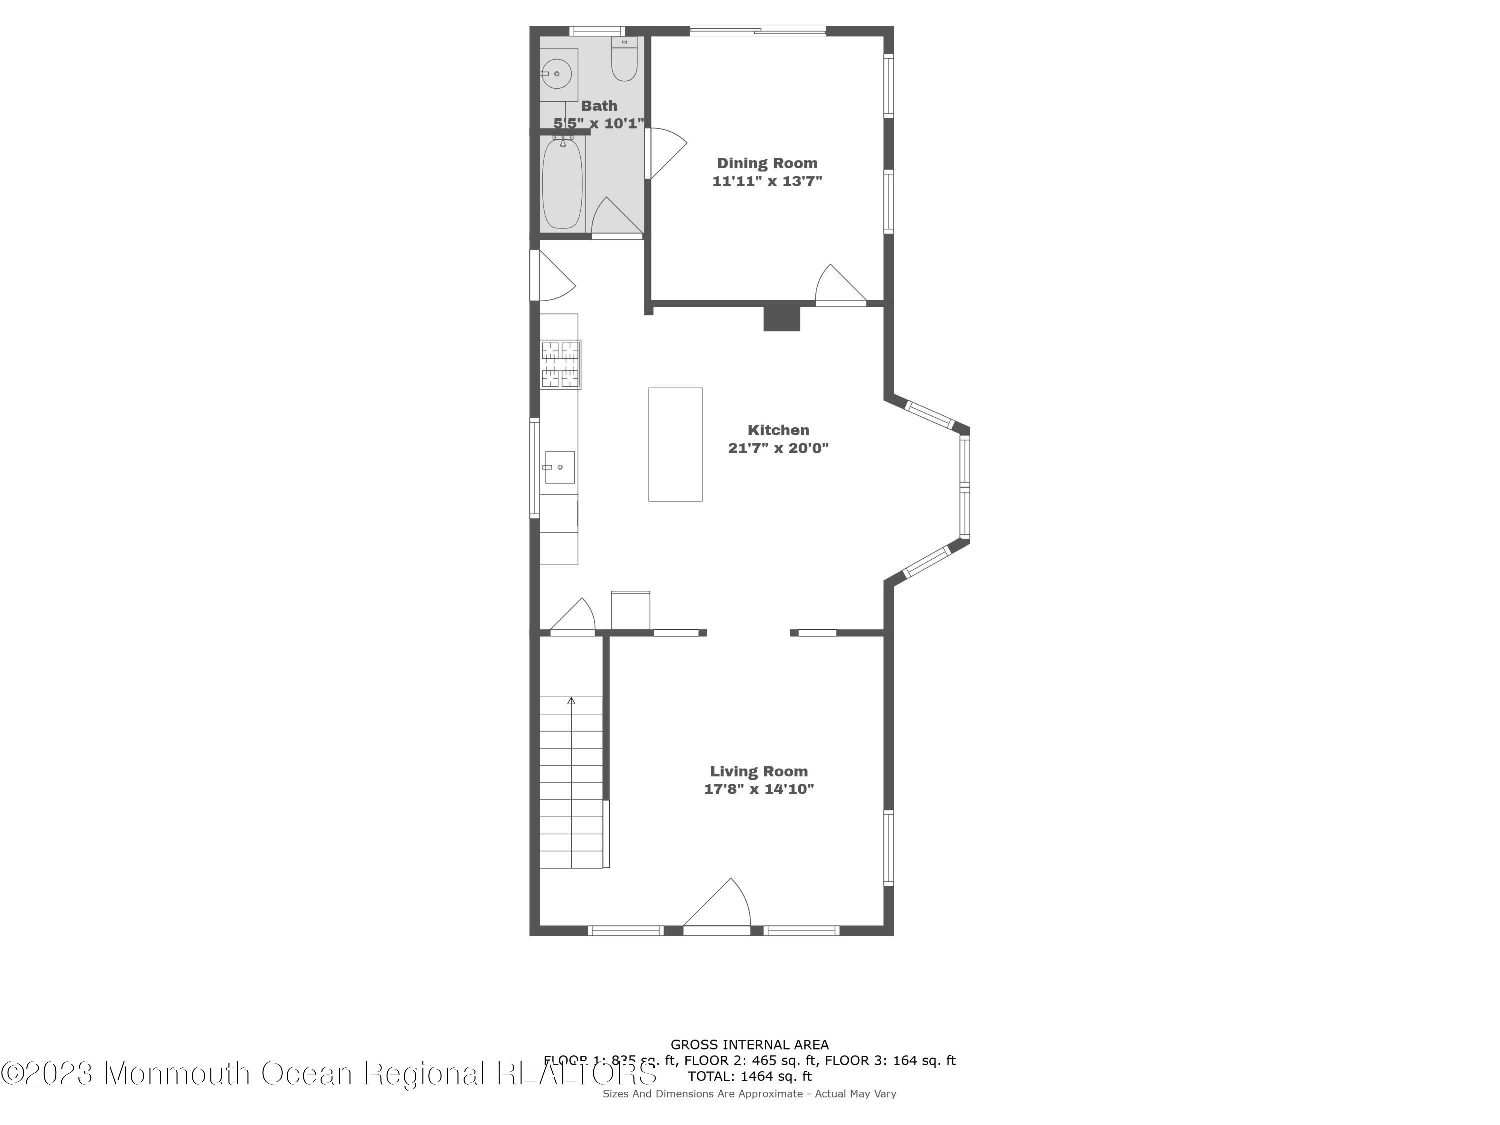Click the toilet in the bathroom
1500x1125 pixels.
tap(624, 61)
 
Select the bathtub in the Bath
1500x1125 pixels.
tap(562, 183)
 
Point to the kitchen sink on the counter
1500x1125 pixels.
tap(560, 467)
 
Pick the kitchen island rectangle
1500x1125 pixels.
tap(675, 445)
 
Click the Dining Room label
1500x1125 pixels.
tap(767, 163)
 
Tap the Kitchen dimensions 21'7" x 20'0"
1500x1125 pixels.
tap(778, 448)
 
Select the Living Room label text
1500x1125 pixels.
tap(759, 771)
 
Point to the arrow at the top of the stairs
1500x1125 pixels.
tap(571, 701)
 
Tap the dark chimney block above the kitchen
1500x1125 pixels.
tap(782, 318)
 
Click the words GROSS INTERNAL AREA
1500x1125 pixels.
tap(749, 1045)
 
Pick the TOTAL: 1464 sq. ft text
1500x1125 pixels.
tap(749, 1076)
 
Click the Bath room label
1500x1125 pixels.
tap(599, 106)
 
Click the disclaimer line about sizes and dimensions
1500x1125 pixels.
tap(749, 1094)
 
